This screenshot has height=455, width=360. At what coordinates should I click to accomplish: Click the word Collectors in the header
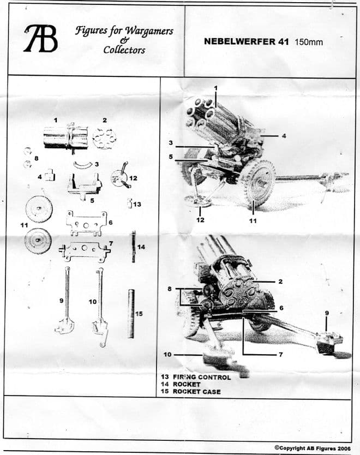tap(125, 50)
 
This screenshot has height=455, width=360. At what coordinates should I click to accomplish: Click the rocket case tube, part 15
tap(131, 314)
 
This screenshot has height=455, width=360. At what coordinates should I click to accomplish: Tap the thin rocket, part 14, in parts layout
tap(133, 247)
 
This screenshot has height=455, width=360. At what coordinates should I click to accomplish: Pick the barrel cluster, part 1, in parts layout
tap(65, 137)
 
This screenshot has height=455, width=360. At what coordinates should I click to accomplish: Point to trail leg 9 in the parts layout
tap(65, 300)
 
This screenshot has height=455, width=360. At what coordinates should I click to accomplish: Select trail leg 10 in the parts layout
tap(100, 303)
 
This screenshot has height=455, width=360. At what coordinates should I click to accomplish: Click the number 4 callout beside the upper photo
tap(284, 136)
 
